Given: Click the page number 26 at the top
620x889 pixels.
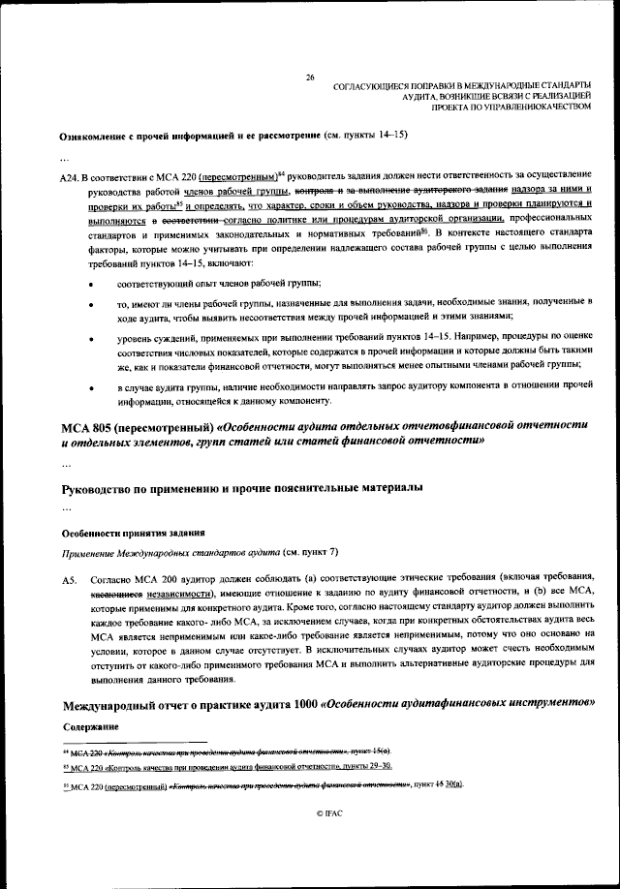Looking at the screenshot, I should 310,77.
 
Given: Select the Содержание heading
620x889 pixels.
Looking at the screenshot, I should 90,726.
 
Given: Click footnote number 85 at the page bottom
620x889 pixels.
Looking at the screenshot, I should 65,765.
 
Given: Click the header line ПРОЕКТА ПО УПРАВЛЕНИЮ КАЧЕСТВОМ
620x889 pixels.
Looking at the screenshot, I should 516,107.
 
